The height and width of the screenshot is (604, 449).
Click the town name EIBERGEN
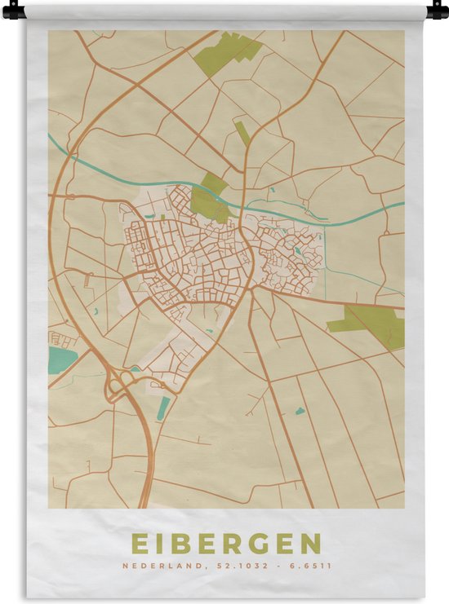[225, 543]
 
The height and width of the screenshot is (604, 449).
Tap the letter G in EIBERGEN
[260, 543]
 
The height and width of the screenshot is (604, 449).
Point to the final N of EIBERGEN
[311, 543]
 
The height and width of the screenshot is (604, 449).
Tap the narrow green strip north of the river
[243, 133]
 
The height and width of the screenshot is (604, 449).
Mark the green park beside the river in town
[211, 199]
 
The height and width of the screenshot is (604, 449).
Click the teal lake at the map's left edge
[60, 357]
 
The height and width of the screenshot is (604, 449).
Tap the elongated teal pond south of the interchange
[163, 408]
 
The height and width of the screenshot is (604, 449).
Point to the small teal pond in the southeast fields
[300, 411]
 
